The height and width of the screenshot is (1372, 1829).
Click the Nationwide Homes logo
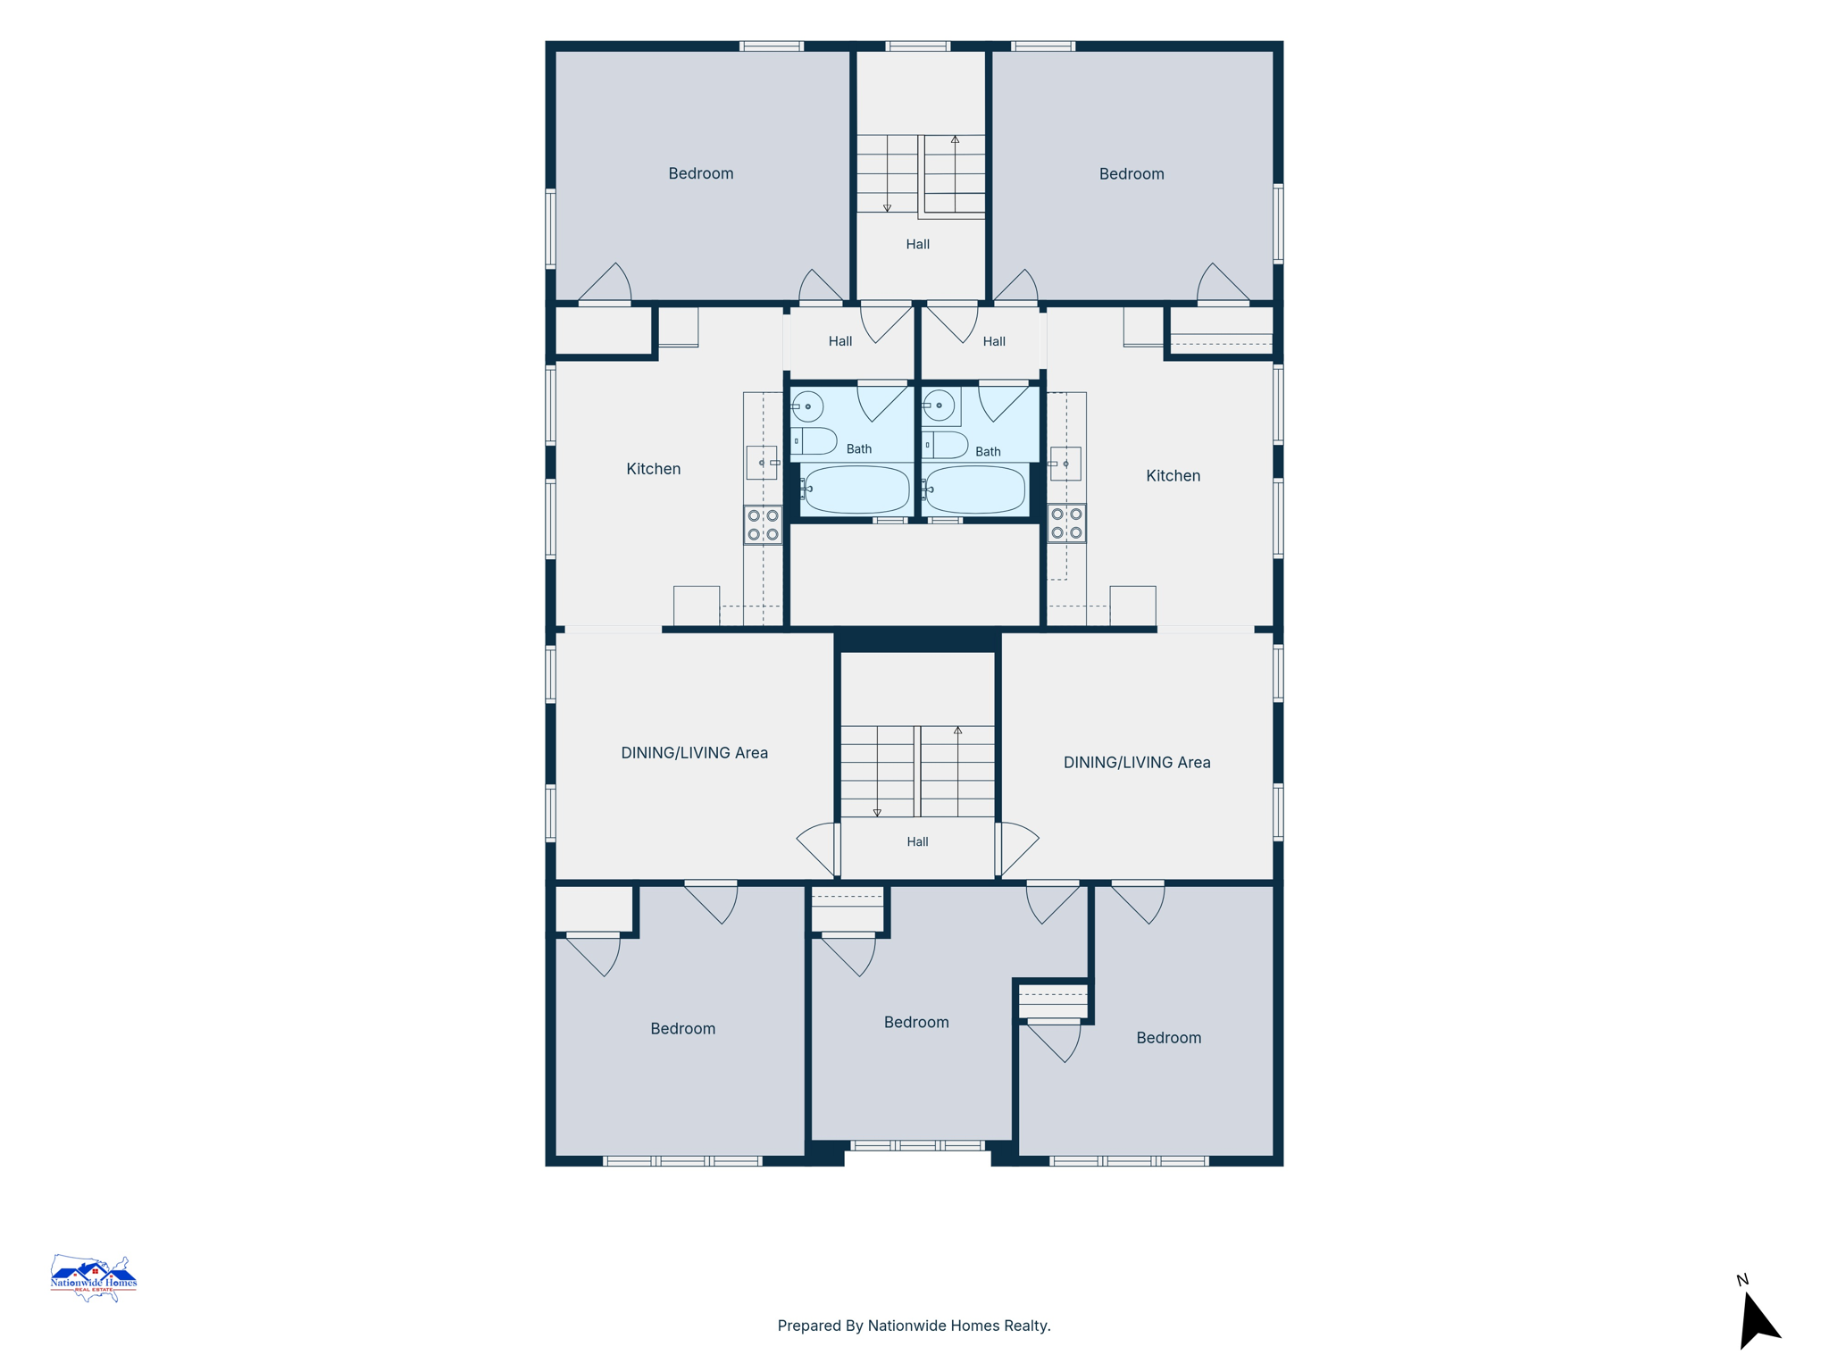[93, 1278]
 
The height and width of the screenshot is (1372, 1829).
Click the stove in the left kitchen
[763, 525]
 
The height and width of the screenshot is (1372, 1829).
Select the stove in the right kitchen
[1066, 523]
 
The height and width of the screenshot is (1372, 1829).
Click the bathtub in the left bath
[856, 489]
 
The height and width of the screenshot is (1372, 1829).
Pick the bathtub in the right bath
[975, 489]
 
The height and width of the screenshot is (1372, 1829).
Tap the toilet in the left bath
[814, 441]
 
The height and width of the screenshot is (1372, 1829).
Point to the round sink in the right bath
[939, 406]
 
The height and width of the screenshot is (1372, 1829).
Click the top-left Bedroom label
[701, 173]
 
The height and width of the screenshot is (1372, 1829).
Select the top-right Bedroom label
[1132, 174]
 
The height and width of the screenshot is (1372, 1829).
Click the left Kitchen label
[654, 469]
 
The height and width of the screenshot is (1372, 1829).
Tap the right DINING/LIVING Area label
[1137, 762]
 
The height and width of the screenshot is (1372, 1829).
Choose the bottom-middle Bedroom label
[916, 1022]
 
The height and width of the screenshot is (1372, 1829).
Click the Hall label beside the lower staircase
[917, 841]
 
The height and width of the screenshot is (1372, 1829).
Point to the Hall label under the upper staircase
[918, 244]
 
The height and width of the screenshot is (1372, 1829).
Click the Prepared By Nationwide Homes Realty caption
[914, 1326]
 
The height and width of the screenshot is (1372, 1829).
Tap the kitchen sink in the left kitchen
[762, 463]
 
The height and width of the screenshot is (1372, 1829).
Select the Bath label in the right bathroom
[988, 452]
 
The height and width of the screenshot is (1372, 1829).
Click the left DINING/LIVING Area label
[695, 753]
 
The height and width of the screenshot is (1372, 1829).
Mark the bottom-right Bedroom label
[1168, 1038]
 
